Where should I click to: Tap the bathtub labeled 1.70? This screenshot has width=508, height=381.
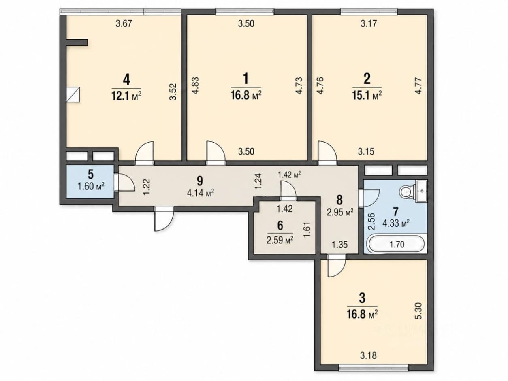[397, 244]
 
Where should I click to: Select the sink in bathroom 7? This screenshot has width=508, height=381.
[421, 191]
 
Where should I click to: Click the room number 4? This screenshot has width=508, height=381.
[126, 80]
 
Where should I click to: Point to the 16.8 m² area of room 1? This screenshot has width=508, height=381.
[246, 95]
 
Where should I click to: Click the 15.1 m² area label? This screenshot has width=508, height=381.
[367, 95]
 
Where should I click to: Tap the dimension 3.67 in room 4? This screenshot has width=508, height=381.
[124, 23]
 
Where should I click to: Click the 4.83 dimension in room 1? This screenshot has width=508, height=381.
[196, 85]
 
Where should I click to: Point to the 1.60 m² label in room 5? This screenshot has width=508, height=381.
[91, 187]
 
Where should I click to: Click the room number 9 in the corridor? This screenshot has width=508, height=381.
[200, 181]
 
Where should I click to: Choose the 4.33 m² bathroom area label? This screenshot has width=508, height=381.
[396, 223]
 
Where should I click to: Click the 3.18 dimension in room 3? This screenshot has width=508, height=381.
[368, 355]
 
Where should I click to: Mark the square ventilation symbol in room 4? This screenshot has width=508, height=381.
[73, 94]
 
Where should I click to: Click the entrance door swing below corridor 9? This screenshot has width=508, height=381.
[164, 219]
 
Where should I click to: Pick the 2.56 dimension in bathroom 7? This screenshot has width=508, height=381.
[371, 221]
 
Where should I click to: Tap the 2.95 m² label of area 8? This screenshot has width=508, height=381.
[340, 212]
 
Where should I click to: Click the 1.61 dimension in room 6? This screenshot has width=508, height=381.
[307, 230]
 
